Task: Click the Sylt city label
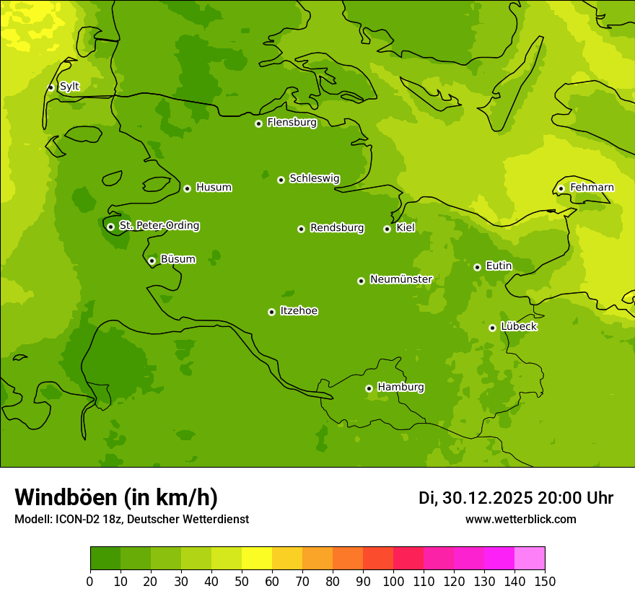point(69,87)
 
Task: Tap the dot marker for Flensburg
point(258,123)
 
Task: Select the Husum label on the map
point(214,188)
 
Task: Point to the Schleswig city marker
point(281,180)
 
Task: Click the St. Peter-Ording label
point(159,226)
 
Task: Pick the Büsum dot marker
point(152,261)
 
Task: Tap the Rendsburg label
point(337,228)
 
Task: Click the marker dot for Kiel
point(387,229)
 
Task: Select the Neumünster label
point(401,279)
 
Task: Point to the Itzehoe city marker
point(271,312)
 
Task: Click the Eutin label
point(499,266)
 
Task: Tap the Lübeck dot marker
point(492,328)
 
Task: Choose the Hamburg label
point(400,388)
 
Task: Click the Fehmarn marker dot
point(561,188)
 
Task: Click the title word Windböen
point(66,497)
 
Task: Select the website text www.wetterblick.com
point(520,519)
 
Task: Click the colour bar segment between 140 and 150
point(530,559)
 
